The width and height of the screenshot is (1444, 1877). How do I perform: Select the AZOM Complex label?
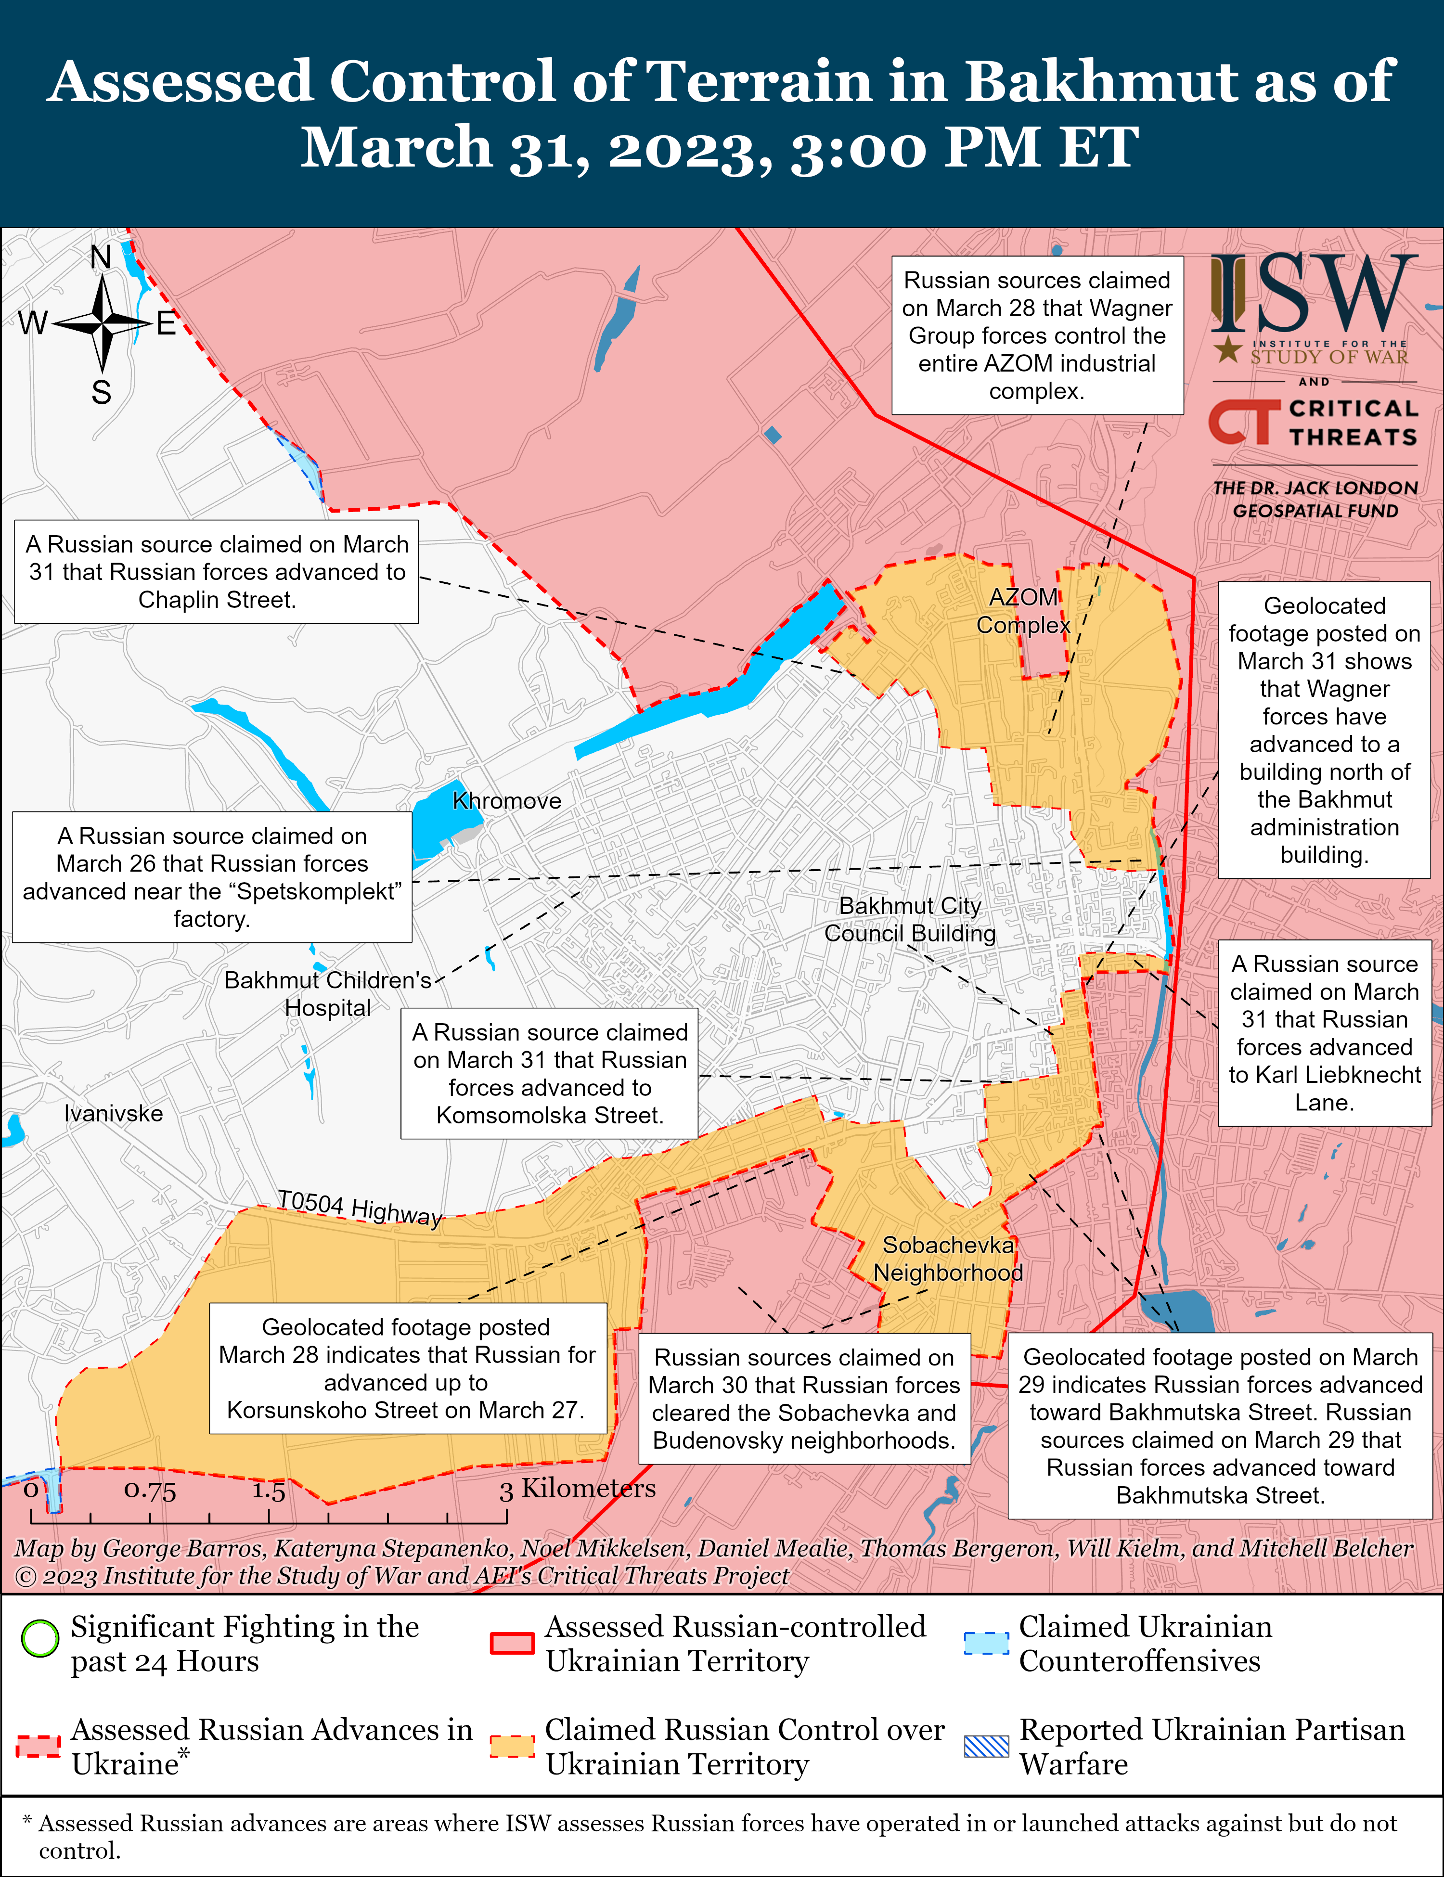click(1023, 611)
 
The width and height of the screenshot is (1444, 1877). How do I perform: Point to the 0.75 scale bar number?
click(150, 1490)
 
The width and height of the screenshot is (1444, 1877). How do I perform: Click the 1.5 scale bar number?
click(268, 1490)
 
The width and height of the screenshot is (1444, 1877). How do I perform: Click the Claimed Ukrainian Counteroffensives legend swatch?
click(986, 1642)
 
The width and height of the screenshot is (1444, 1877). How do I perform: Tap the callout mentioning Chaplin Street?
click(217, 572)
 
